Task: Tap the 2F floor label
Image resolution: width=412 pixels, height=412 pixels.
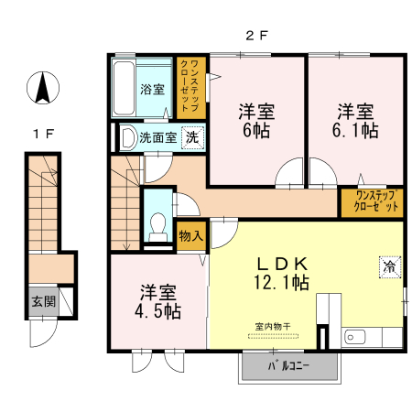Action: click(x=255, y=36)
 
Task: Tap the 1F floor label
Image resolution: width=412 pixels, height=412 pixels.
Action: click(x=43, y=135)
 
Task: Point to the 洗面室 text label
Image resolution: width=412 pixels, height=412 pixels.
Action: click(x=157, y=137)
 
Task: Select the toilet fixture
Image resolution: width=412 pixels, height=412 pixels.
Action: click(x=158, y=225)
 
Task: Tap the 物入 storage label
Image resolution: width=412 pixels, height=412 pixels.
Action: click(x=190, y=236)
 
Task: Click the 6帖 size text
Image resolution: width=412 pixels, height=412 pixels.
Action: click(x=257, y=131)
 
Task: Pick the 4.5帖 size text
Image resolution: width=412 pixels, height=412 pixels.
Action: click(x=159, y=311)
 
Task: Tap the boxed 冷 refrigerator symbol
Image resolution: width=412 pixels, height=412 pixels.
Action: click(x=389, y=267)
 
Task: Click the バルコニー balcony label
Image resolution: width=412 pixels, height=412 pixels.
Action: click(x=288, y=366)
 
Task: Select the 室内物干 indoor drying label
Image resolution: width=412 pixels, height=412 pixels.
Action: click(x=272, y=325)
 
